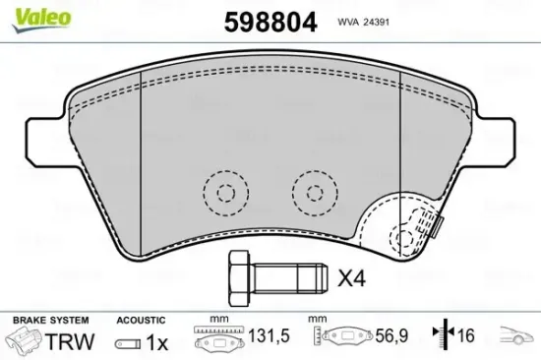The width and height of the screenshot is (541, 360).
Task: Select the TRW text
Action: [71, 342]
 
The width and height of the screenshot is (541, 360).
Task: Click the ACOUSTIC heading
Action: [142, 320]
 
